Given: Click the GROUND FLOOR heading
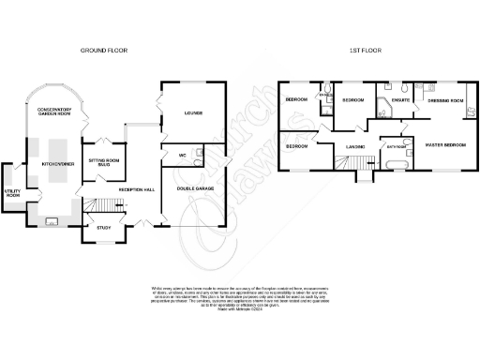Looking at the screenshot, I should pyautogui.click(x=104, y=49).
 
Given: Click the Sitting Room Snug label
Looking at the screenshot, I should pyautogui.click(x=97, y=161).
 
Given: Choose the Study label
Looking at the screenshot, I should pyautogui.click(x=97, y=227).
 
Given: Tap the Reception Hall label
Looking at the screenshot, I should pyautogui.click(x=135, y=190).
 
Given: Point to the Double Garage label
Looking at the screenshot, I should pyautogui.click(x=193, y=190).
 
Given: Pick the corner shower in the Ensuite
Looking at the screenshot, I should pyautogui.click(x=385, y=101).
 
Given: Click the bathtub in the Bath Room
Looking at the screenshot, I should pyautogui.click(x=393, y=165).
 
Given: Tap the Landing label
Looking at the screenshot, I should pyautogui.click(x=354, y=147).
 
